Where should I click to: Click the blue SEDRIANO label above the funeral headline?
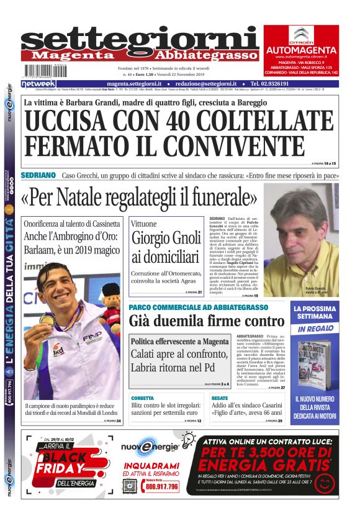pos(38,176)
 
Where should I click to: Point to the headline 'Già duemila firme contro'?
pos(206,321)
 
